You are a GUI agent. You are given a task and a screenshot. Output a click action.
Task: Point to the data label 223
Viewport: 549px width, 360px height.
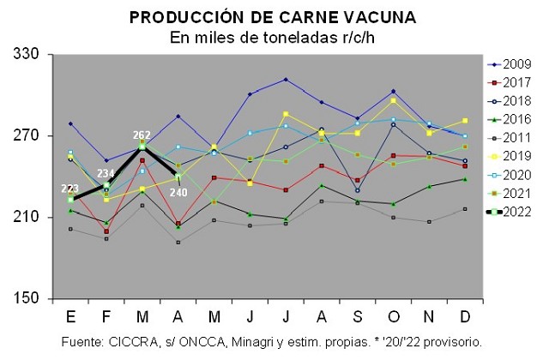tap(70, 189)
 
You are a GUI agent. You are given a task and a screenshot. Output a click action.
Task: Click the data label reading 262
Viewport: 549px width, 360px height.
tap(142, 135)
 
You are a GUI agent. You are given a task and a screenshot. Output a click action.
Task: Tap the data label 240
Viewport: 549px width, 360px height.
tap(178, 191)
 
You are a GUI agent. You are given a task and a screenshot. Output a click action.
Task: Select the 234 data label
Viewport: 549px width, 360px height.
tap(106, 173)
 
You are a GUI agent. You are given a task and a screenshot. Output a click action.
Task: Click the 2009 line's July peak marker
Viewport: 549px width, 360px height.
tap(285, 80)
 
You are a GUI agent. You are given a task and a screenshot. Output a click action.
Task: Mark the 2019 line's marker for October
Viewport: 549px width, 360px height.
tap(393, 101)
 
